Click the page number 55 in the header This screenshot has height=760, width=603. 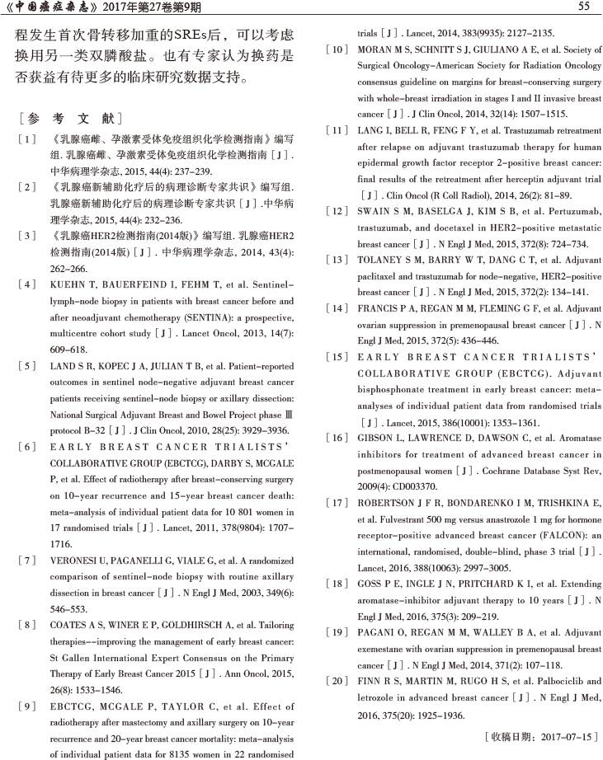[583, 7]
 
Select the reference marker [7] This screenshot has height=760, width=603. [28, 560]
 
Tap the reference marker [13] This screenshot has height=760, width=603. [337, 260]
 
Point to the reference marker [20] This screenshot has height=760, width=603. [337, 681]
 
